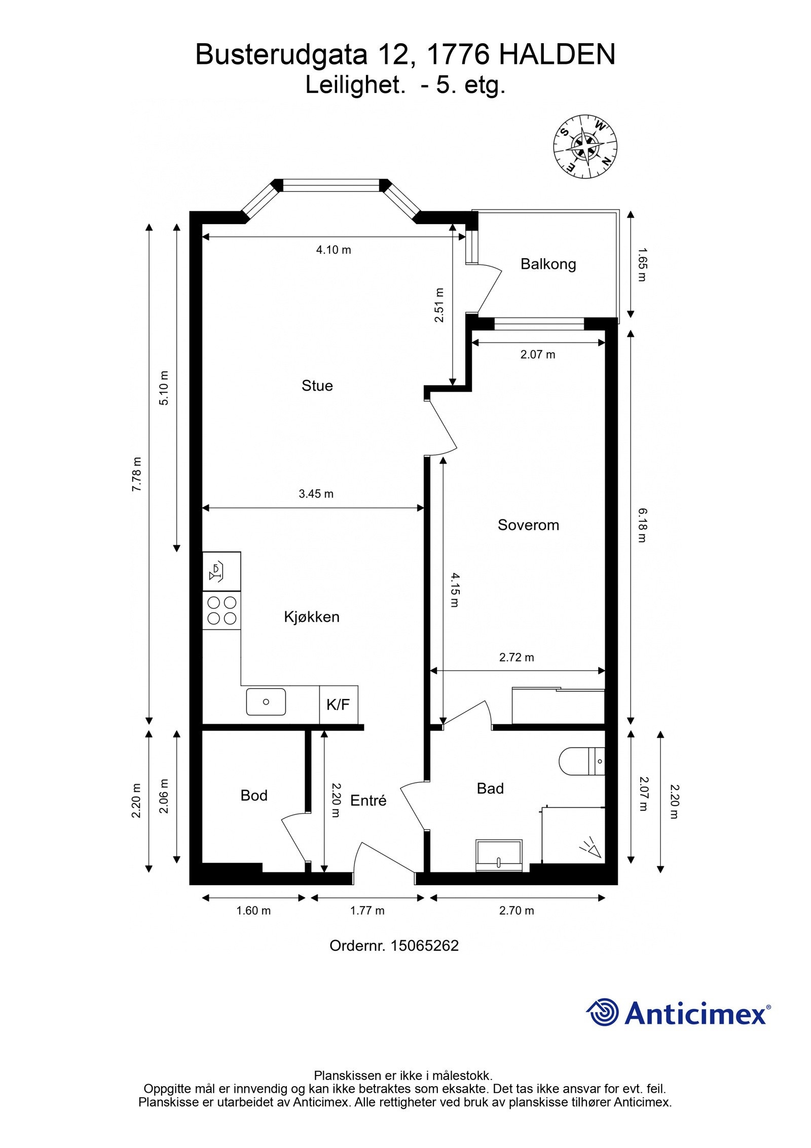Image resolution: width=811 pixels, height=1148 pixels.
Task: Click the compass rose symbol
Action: pos(585,147)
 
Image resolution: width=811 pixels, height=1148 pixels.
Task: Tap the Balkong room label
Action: pos(548,264)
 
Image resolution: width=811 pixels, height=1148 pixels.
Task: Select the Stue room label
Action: pos(317,386)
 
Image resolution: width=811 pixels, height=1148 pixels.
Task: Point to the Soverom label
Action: pos(528,525)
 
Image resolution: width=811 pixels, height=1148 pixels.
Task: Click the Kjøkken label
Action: pos(311,617)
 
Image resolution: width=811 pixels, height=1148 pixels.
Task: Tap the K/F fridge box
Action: pos(338,705)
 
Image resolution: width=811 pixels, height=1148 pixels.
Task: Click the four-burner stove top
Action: pos(222,610)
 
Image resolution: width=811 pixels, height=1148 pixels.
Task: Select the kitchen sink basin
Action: pos(266,702)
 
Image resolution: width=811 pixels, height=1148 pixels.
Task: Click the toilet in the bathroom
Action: pos(580,761)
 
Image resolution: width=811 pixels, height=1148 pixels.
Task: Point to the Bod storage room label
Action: pos(253,795)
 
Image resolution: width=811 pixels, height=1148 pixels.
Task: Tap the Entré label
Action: pos(368,801)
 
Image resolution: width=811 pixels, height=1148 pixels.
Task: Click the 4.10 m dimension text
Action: pos(334,250)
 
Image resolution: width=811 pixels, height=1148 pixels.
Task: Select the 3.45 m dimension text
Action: pos(316,494)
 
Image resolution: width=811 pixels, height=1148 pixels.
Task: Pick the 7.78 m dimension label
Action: pos(136,474)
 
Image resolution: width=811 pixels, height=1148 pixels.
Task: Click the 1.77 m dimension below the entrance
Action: pos(367,911)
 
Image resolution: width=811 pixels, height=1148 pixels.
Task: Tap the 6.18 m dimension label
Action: pos(642,526)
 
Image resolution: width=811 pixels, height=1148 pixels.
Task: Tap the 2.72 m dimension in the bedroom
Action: pos(517,657)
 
